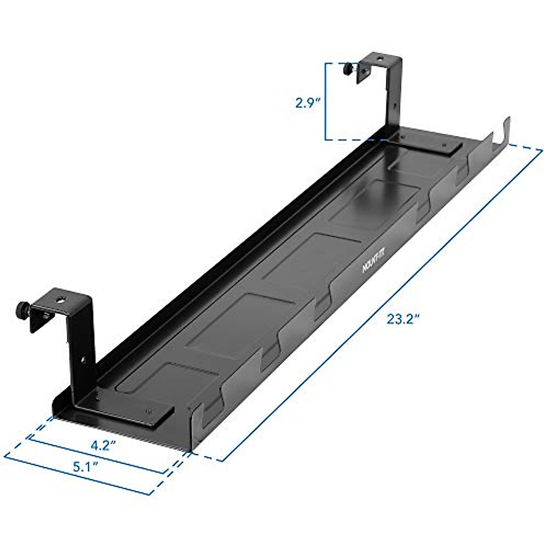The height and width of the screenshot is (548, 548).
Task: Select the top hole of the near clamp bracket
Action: [61, 300]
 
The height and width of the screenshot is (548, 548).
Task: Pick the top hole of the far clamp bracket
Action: [380, 58]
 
